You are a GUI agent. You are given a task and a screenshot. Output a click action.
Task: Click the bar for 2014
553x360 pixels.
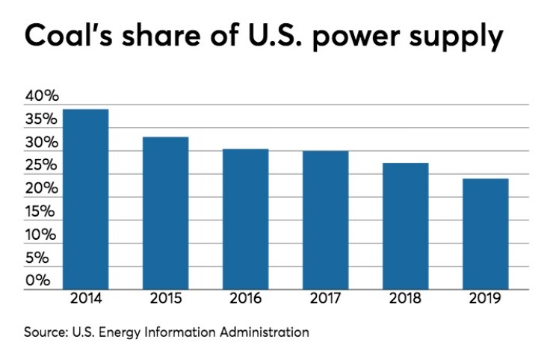coord(85,199)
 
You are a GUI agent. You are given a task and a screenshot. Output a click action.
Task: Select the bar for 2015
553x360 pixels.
coord(165,213)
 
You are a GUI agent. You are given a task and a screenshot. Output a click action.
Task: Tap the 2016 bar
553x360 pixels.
coord(245,219)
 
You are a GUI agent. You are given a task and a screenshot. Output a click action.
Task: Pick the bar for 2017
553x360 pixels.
coord(325,220)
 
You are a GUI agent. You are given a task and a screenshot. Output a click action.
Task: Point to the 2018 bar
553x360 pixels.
coord(405,226)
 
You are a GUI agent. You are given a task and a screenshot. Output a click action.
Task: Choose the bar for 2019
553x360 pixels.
coord(485,234)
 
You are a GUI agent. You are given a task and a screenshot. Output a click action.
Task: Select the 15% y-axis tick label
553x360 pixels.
coord(42,212)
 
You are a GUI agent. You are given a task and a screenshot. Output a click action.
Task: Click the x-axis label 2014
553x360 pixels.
coord(85,300)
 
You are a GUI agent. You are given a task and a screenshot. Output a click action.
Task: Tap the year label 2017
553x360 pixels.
coord(325,300)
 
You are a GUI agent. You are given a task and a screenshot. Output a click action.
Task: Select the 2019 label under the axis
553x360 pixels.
coord(485,300)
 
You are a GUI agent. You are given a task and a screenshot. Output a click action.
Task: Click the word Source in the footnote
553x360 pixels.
coord(44,330)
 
